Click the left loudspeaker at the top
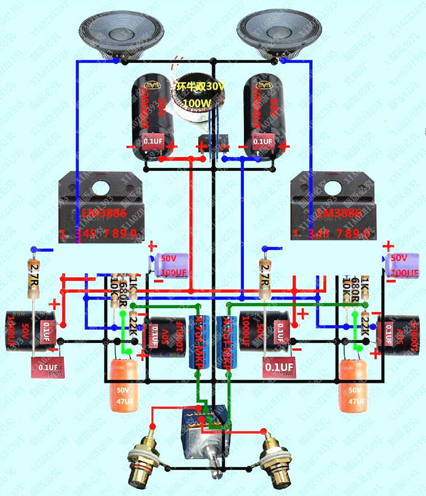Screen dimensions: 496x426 click(120, 33)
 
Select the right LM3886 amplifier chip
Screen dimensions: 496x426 click(333, 205)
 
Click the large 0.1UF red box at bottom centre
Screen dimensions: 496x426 click(279, 367)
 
